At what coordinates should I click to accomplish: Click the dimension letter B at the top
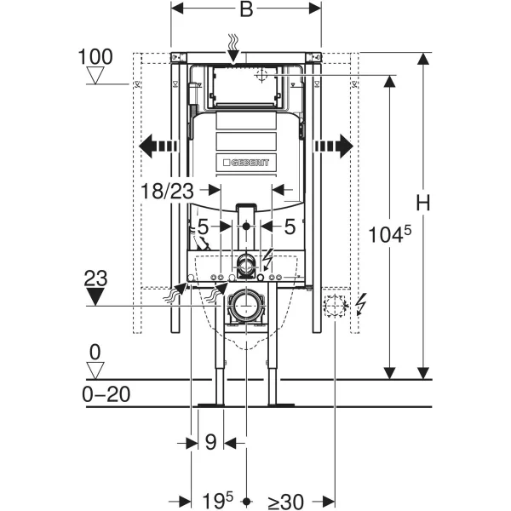click(246, 9)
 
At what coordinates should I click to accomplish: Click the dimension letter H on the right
click(423, 203)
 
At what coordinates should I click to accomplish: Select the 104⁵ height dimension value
click(390, 234)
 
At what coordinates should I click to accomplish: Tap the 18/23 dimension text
click(167, 191)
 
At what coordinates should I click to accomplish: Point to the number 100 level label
click(95, 57)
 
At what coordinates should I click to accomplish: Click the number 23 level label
click(95, 278)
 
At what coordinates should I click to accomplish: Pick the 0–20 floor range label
click(106, 394)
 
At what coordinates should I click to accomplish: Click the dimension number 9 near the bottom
click(211, 442)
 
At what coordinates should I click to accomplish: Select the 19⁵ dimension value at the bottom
click(218, 501)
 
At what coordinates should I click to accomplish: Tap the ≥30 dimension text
click(286, 502)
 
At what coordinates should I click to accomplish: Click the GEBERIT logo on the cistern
click(246, 163)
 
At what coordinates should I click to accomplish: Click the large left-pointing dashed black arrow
click(158, 146)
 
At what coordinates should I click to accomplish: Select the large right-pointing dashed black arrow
click(334, 146)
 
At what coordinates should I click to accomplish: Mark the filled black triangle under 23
click(95, 296)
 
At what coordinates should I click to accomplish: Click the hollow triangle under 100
click(95, 75)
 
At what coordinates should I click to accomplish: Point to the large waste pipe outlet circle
click(246, 306)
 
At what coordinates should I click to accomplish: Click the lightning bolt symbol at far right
click(361, 304)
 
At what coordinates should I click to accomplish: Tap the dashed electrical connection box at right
click(335, 306)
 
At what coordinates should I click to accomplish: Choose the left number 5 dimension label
click(203, 227)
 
